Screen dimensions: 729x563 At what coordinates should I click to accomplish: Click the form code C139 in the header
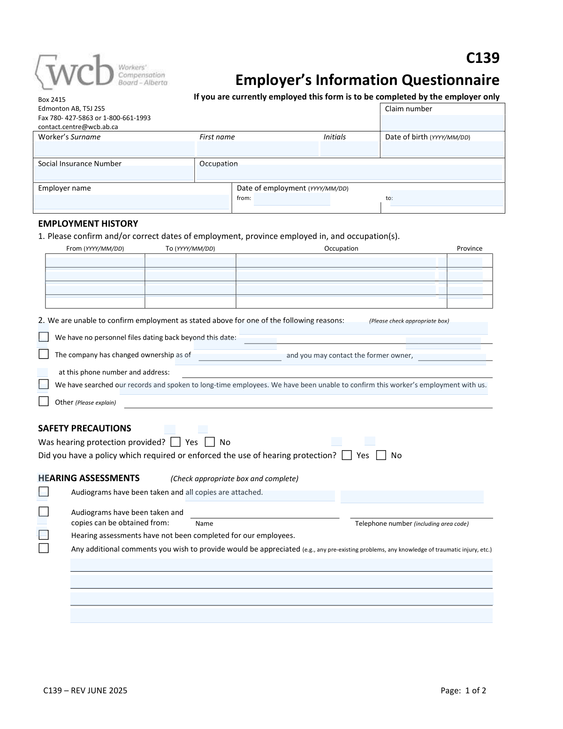tap(482, 58)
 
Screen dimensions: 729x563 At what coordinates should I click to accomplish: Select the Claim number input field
tap(442, 123)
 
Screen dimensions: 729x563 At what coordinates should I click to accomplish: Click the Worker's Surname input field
tap(114, 149)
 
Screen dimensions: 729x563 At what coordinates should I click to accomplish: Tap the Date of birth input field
tap(442, 149)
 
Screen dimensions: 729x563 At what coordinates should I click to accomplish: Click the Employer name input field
tap(131, 202)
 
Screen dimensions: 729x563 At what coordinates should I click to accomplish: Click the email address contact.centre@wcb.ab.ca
tap(78, 127)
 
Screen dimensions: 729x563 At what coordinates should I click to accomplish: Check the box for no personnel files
tap(44, 337)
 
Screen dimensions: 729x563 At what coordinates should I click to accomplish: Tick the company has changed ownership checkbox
tap(44, 354)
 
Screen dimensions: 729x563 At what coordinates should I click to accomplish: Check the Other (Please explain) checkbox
tap(44, 401)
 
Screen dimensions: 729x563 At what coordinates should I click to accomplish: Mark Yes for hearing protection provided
tap(175, 442)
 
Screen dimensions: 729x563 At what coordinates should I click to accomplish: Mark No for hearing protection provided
tap(210, 442)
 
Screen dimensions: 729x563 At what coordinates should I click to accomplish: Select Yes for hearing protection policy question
tap(347, 455)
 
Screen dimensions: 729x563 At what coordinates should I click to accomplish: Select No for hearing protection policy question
tap(381, 455)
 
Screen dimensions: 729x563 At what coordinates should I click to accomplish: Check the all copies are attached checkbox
tap(44, 491)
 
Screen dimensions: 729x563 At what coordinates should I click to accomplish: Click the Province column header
tap(469, 248)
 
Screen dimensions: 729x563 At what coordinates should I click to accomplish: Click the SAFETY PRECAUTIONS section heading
tap(84, 428)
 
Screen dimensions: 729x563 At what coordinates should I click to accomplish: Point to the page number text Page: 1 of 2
tap(463, 690)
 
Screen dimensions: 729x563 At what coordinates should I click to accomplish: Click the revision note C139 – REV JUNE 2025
tap(85, 690)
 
